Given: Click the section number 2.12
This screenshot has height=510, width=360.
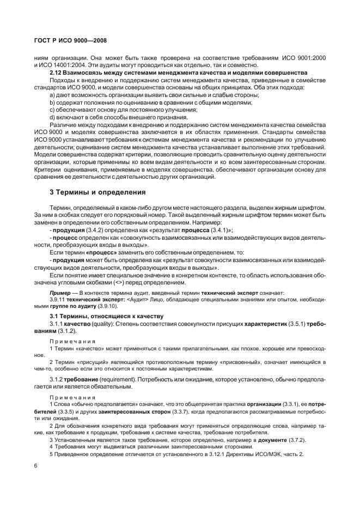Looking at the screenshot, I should (56, 72).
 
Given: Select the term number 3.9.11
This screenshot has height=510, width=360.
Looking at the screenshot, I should (57, 300).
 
